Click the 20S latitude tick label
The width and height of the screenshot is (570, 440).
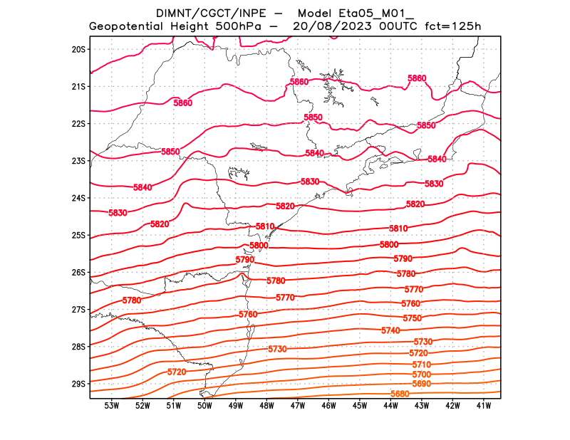78,49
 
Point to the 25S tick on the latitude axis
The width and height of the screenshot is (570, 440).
78,235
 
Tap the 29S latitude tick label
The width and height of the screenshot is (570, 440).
78,384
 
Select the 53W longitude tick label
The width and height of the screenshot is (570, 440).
111,406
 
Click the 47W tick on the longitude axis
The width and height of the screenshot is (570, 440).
298,406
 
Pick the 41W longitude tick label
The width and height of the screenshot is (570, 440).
484,406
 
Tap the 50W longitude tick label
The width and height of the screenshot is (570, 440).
204,406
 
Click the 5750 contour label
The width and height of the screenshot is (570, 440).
412,318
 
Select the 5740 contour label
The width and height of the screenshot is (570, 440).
390,330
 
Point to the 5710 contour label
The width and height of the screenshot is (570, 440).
421,364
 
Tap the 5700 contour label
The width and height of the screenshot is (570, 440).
421,374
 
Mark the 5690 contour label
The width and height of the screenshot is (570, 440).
421,384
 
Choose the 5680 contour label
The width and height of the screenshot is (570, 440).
400,394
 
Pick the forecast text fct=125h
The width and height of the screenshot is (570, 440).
453,26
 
